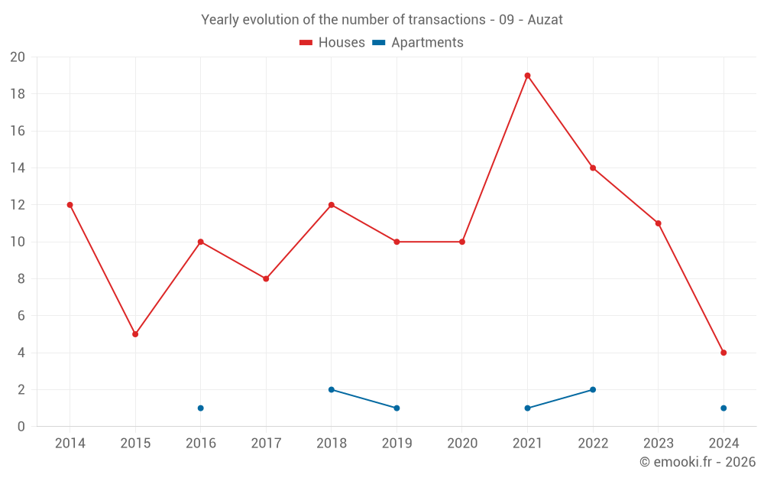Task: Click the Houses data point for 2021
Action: tap(527, 76)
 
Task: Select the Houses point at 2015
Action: tap(135, 334)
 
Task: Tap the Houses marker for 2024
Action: tap(724, 353)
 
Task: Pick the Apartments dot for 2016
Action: tap(201, 408)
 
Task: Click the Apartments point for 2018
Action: tap(332, 389)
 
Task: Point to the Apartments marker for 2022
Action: tap(593, 389)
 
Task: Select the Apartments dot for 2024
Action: tap(724, 408)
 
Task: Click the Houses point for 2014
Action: tap(70, 205)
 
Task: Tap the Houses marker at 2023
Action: tap(658, 223)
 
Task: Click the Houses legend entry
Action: tap(332, 43)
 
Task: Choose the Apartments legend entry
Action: tap(418, 43)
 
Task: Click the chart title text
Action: tap(381, 20)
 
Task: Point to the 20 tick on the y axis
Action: tap(18, 57)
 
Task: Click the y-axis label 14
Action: tap(18, 168)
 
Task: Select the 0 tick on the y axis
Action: tap(21, 426)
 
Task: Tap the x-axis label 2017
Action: tap(266, 444)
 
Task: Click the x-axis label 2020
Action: tap(462, 444)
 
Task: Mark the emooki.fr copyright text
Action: tap(697, 462)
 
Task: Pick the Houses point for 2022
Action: tap(593, 168)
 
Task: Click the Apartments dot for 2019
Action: tap(397, 408)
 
